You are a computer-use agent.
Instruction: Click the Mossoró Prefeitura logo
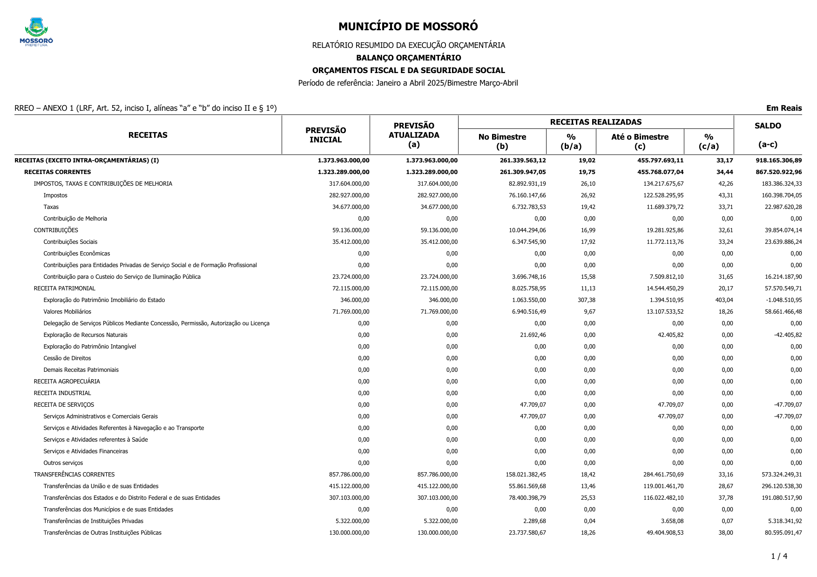36,32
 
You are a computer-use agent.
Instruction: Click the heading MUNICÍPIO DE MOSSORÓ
408,27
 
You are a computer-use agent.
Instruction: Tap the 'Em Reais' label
784,108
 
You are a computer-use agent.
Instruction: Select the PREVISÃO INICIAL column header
325,135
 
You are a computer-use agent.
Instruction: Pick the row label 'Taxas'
51,207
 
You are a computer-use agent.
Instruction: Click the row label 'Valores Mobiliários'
68,312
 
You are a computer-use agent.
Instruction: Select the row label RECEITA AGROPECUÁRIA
67,382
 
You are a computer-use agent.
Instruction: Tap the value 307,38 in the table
586,300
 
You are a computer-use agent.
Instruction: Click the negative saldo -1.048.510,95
783,300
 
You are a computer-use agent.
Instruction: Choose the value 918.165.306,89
778,161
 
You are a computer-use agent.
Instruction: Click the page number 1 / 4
779,556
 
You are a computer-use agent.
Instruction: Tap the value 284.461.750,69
657,475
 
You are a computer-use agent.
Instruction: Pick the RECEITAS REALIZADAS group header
595,122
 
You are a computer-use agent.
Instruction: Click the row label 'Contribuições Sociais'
70,242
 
